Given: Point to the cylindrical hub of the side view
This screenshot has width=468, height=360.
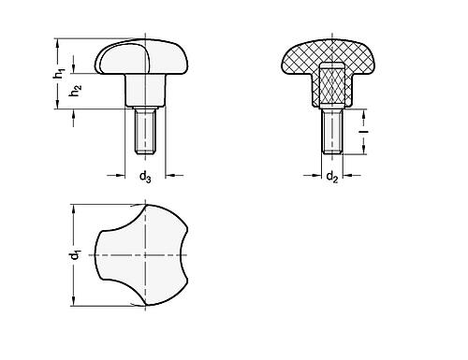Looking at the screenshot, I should coord(145,94).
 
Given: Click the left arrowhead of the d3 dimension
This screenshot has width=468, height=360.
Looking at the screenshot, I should coord(123,173).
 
